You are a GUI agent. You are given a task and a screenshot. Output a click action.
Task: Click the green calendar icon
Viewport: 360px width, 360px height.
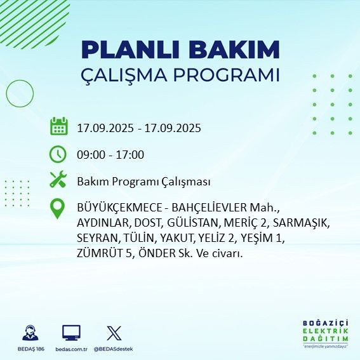(58, 127)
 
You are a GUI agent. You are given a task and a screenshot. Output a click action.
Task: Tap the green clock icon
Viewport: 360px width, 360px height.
(58, 154)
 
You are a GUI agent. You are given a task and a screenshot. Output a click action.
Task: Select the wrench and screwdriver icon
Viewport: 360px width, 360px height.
(58, 181)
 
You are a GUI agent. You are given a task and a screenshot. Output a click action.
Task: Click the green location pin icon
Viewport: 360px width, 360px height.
(58, 208)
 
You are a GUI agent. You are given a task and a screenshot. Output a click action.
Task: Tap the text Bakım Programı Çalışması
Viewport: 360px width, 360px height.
(143, 182)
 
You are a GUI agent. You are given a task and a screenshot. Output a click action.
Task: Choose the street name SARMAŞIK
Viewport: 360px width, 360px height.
(302, 223)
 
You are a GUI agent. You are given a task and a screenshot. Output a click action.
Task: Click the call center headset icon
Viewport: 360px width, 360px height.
(29, 333)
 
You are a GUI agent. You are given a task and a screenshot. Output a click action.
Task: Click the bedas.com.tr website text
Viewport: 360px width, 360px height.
(70, 349)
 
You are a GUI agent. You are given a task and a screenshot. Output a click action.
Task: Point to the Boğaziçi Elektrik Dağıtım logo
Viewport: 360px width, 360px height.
(325, 331)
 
